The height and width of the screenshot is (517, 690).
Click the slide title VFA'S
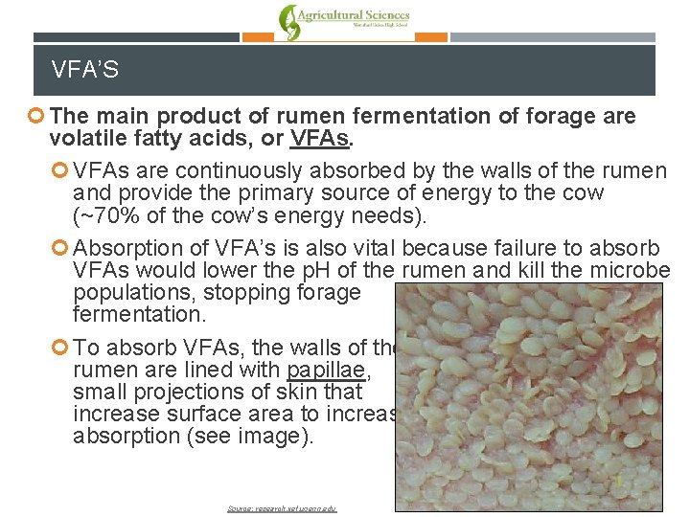[x=85, y=70]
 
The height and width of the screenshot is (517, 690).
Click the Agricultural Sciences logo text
[x=354, y=16]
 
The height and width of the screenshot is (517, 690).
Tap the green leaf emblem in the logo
[x=287, y=22]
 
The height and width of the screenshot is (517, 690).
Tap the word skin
[x=273, y=392]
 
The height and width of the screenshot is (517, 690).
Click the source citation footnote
[x=283, y=508]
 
